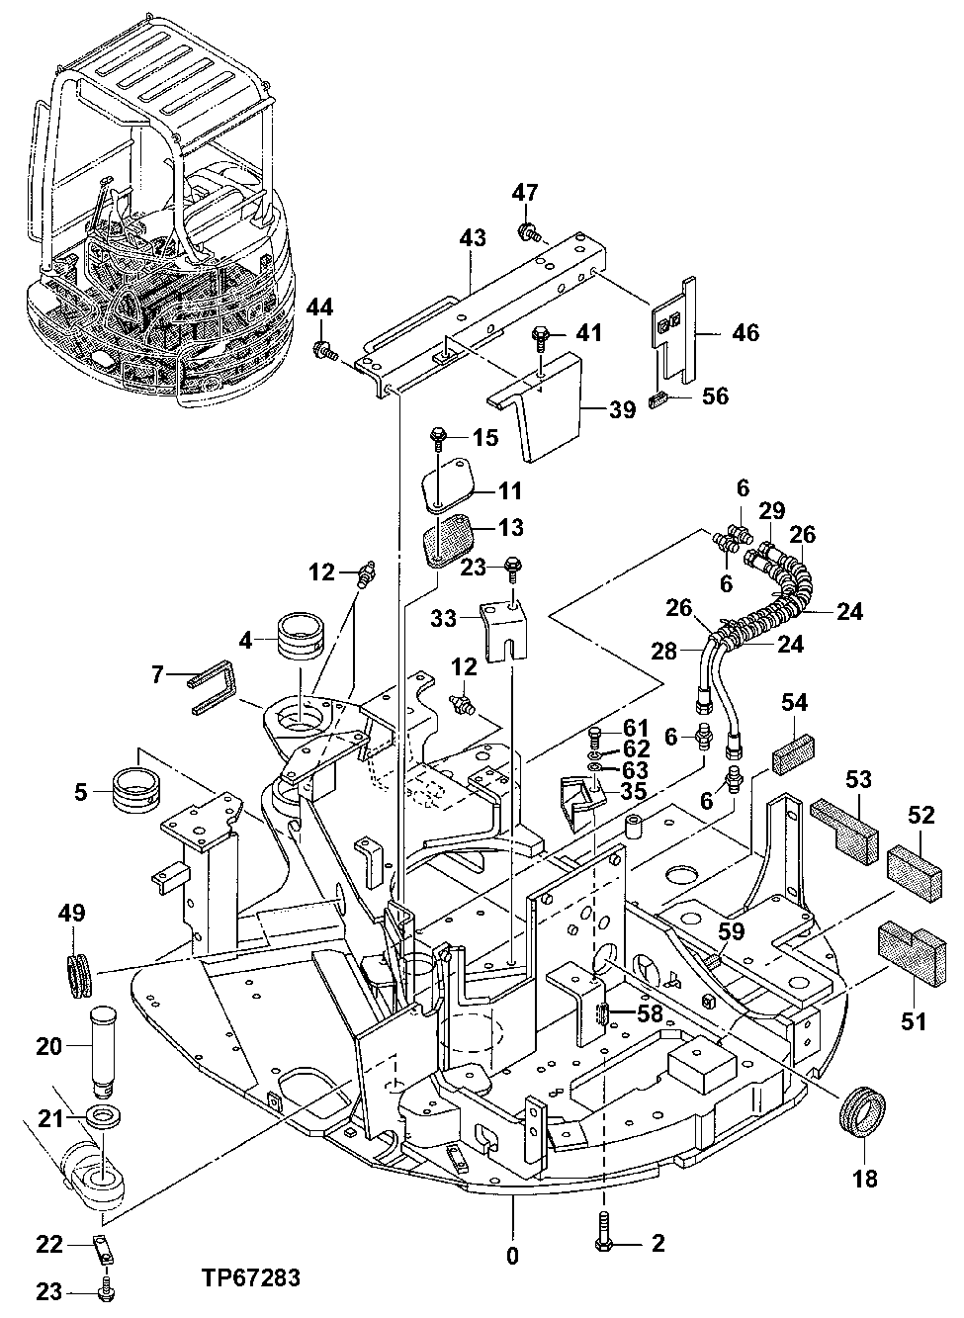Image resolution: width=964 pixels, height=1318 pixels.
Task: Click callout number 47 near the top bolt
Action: pos(524,194)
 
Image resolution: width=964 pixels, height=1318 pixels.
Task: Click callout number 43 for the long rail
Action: pos(473,238)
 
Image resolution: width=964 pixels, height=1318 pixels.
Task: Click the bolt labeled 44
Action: pos(324,348)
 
